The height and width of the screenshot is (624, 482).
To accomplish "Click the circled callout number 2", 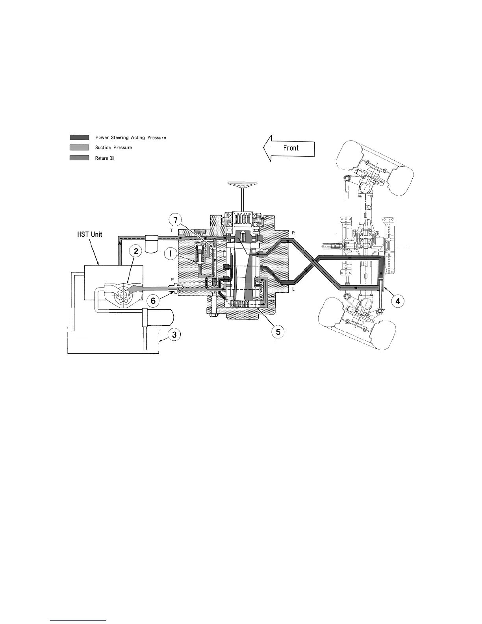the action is coord(135,252).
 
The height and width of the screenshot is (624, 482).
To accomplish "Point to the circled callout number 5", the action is coord(278,332).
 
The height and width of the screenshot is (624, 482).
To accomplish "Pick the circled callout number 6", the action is coord(154,300).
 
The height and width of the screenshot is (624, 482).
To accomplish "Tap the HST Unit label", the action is coord(89,234).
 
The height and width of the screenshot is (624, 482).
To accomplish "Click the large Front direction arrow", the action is coord(289,148).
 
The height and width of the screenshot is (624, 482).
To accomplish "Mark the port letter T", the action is coord(171,230).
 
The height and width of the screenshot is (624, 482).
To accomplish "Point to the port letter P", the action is coord(172,279).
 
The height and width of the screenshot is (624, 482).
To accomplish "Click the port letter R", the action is coord(293,233).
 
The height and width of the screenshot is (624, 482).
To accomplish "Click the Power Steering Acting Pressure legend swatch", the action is coord(79,137).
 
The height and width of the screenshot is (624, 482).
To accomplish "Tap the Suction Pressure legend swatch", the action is coord(79,147).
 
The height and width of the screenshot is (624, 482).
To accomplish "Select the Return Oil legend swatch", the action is coord(79,158).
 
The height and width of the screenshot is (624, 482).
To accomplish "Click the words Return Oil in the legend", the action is coord(105,158).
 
